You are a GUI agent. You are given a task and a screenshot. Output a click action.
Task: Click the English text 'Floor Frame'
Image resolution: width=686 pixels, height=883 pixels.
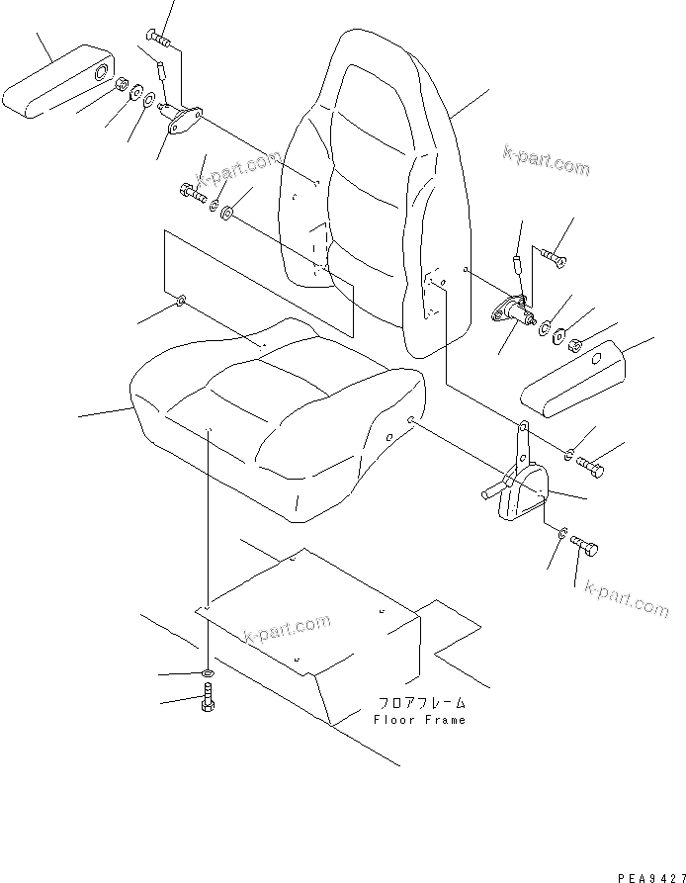419,720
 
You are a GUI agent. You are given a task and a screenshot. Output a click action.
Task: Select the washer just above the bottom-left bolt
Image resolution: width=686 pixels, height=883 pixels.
207,674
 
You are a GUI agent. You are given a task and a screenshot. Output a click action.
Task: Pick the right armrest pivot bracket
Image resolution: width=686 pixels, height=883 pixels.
513,313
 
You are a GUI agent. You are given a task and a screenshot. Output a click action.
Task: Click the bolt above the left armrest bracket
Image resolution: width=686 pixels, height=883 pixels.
160,40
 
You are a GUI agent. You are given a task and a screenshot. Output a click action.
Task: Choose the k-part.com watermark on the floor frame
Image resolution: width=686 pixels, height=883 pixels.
286,629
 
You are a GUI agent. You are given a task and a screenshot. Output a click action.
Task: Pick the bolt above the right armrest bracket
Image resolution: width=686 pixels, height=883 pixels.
554,258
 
